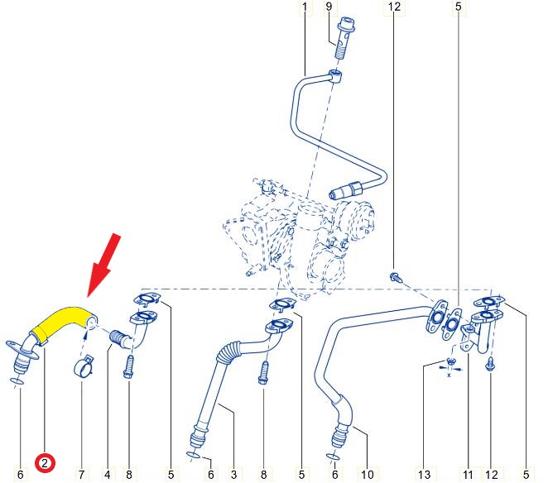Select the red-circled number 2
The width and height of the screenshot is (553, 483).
click(x=45, y=463)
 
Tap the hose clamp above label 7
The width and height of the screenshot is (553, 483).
click(x=84, y=367)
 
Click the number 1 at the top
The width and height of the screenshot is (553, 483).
click(x=305, y=7)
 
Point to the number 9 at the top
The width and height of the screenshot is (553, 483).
click(x=329, y=7)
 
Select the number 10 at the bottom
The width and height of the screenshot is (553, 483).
click(x=367, y=474)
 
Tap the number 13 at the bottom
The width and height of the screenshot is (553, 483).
click(x=425, y=474)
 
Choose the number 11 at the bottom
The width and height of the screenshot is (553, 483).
click(x=468, y=474)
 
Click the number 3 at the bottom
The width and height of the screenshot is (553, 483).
click(x=233, y=474)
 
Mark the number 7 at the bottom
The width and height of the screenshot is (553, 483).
click(x=81, y=474)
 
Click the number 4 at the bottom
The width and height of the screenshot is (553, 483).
click(x=108, y=474)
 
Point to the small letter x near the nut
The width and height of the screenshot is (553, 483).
click(x=449, y=375)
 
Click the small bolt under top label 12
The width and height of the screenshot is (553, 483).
click(x=396, y=276)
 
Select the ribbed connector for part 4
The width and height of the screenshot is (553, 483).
click(x=117, y=337)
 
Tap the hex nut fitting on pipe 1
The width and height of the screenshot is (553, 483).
click(x=354, y=189)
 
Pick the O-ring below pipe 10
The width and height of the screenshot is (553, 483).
click(x=333, y=457)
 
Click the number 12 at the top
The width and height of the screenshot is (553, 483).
click(x=394, y=7)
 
